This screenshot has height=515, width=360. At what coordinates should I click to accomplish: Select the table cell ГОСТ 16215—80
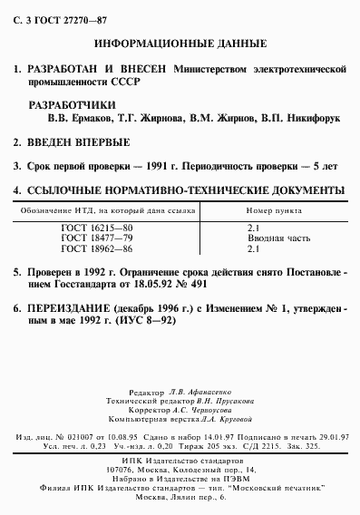click(90, 228)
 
